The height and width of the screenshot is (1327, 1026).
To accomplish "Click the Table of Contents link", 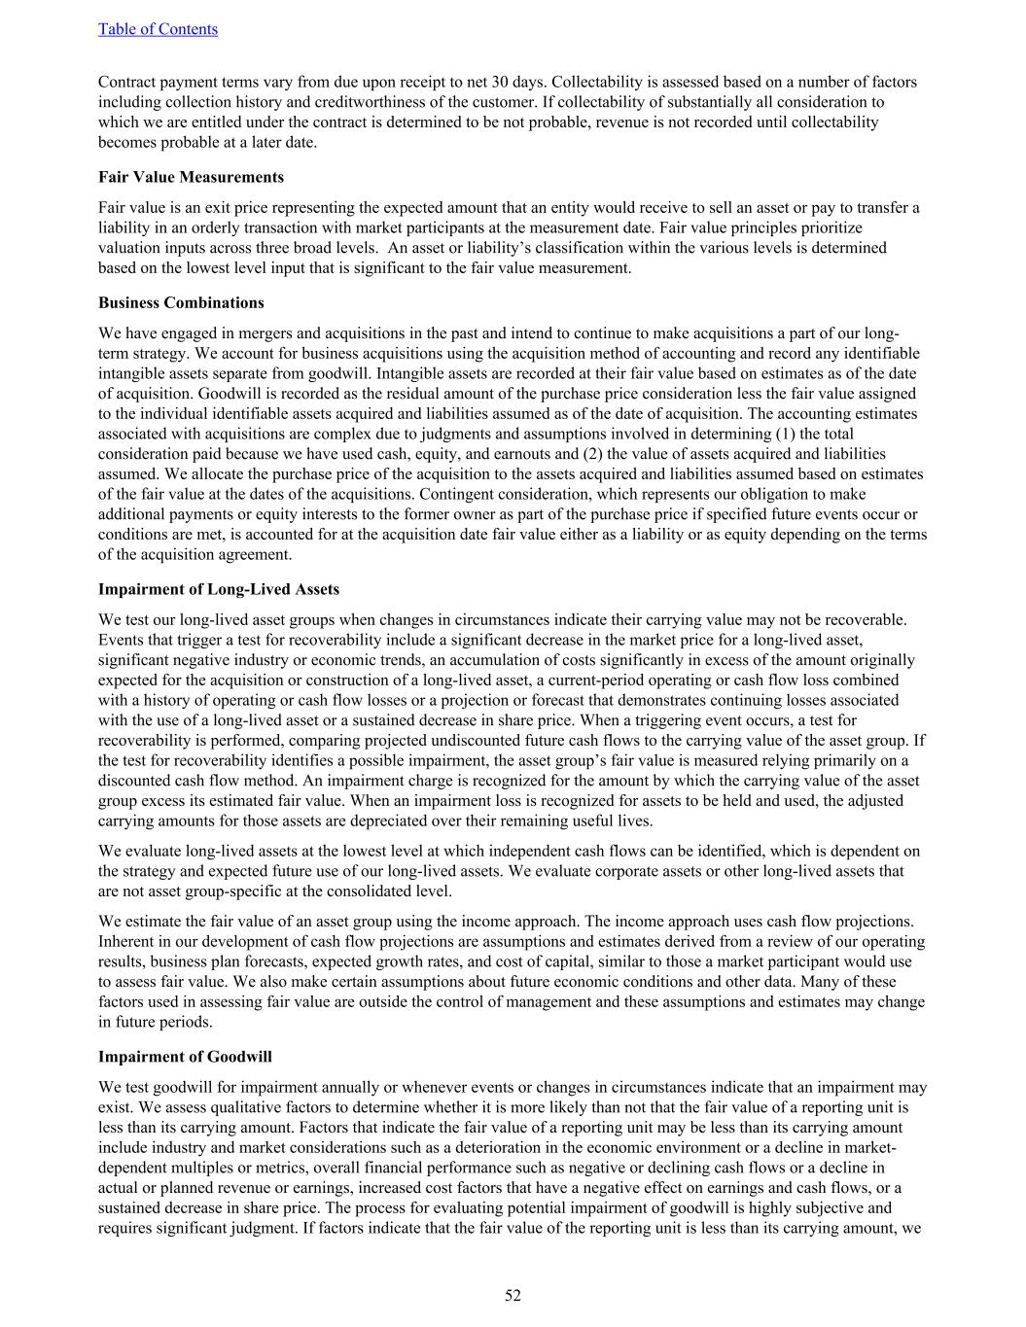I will [x=158, y=29].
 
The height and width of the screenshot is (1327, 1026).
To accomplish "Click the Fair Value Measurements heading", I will [x=191, y=177].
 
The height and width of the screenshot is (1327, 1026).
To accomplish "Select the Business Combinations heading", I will [x=181, y=302].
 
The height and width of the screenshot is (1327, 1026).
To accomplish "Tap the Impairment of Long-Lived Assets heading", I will [x=219, y=589].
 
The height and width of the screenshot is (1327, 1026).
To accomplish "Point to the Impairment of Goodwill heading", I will [x=185, y=1057].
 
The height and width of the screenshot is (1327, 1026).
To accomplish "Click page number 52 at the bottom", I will [x=513, y=1295].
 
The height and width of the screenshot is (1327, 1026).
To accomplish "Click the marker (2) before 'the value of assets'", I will [x=595, y=454].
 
